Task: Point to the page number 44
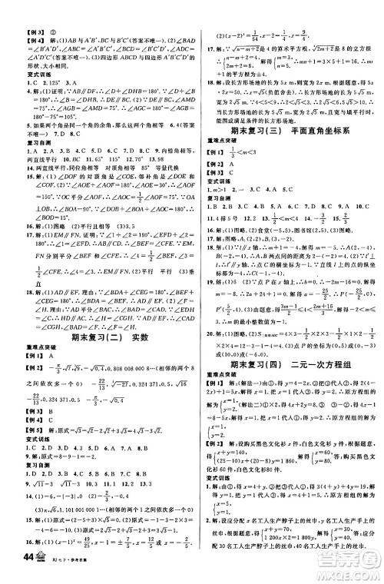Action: tap(15, 569)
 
